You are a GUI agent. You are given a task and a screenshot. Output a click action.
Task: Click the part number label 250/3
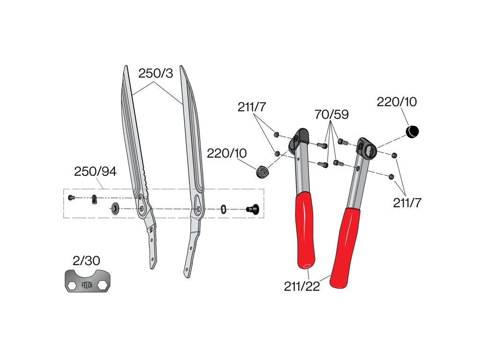click(x=156, y=74)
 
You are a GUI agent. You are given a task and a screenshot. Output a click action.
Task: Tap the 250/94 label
click(x=95, y=172)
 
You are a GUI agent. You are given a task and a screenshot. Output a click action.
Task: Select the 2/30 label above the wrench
click(x=86, y=261)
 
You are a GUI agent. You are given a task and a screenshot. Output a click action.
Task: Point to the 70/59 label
click(x=331, y=114)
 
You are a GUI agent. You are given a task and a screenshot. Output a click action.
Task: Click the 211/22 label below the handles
click(x=302, y=286)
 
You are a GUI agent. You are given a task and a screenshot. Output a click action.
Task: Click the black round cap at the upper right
click(x=412, y=131)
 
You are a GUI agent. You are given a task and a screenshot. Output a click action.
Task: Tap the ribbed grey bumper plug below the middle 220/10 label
click(x=262, y=172)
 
